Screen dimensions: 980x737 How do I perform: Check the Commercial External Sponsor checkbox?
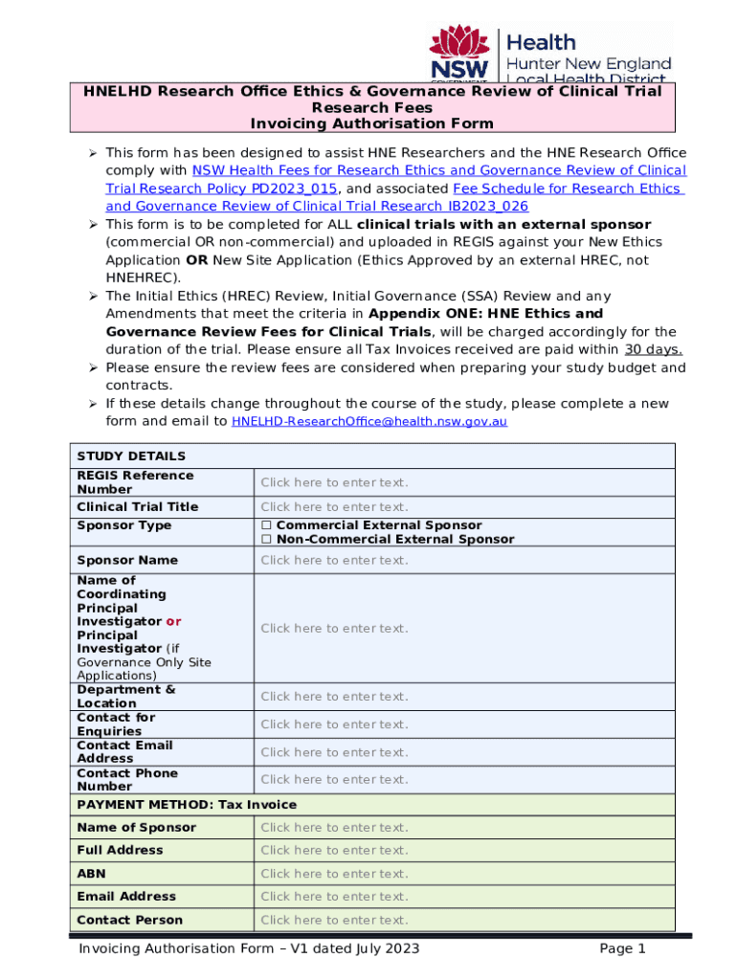click(x=266, y=525)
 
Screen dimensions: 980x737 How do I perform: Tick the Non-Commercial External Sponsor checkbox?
click(x=266, y=540)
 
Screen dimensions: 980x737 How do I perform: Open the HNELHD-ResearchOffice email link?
click(x=369, y=422)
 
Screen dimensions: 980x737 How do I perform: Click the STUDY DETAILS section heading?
click(x=131, y=457)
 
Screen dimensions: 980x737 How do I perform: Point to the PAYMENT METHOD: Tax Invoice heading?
click(x=187, y=805)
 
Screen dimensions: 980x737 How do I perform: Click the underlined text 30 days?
click(x=653, y=350)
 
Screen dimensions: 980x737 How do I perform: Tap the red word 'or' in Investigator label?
click(x=173, y=622)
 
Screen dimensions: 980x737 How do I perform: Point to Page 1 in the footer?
click(x=622, y=949)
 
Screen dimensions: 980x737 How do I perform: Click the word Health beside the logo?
click(x=541, y=42)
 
